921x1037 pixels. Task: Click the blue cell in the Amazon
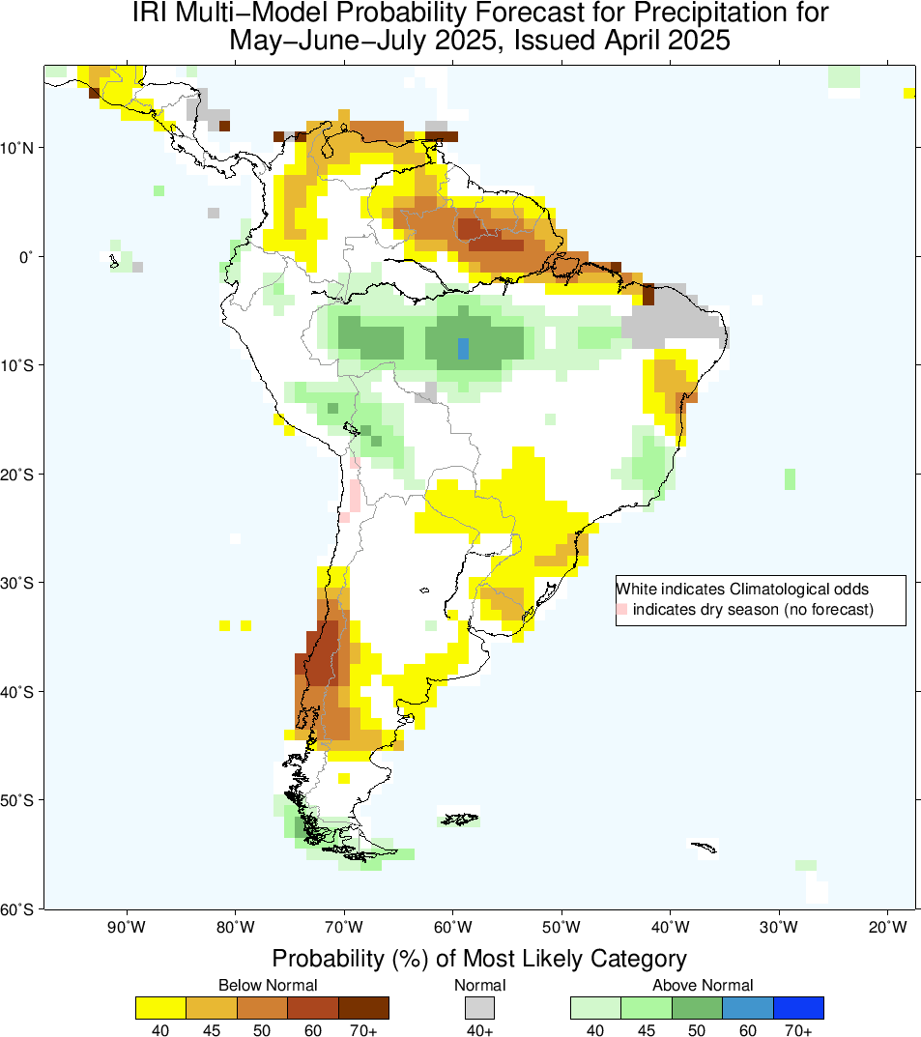[463, 348]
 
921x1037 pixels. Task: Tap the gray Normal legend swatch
[480, 1007]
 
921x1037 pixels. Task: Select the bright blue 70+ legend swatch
[798, 1007]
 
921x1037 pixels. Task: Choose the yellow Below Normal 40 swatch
[161, 1007]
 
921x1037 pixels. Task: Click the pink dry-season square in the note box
[622, 609]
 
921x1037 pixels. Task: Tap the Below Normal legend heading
[268, 985]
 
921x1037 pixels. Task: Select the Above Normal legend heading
[702, 985]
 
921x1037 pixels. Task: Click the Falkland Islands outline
[459, 820]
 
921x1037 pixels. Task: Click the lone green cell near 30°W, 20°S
[790, 478]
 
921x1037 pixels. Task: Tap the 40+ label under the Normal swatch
[480, 1030]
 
